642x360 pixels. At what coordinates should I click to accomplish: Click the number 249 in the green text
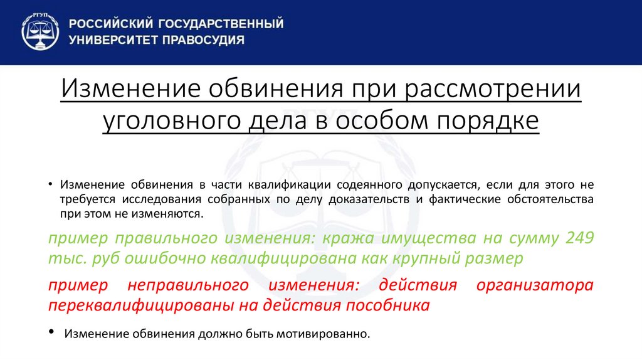580,238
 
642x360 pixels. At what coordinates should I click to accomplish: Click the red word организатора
535,285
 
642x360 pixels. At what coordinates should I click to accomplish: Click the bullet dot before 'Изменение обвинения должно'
51,332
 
